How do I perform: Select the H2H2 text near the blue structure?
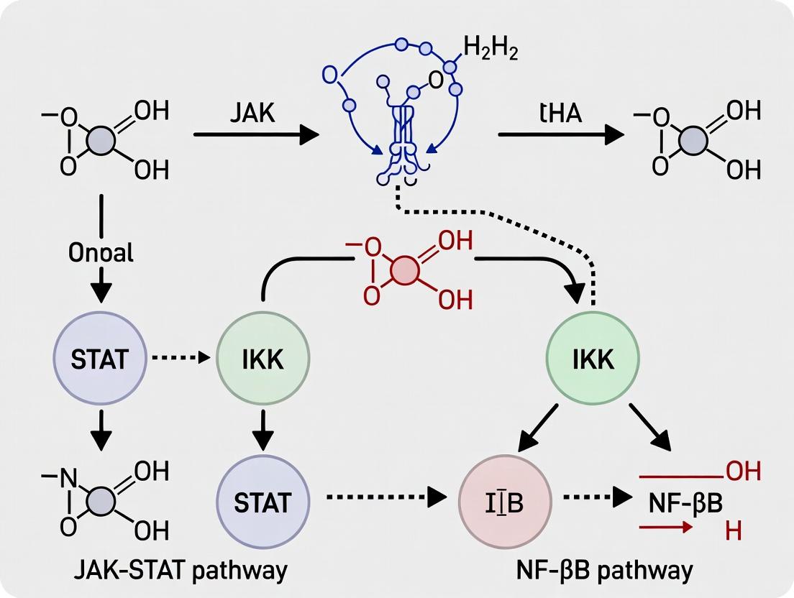tap(491, 51)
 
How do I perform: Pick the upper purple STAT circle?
tap(101, 358)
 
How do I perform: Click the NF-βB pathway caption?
tap(605, 570)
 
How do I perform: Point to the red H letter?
tap(733, 532)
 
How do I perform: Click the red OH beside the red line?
tap(743, 471)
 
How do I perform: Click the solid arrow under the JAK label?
tap(255, 134)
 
